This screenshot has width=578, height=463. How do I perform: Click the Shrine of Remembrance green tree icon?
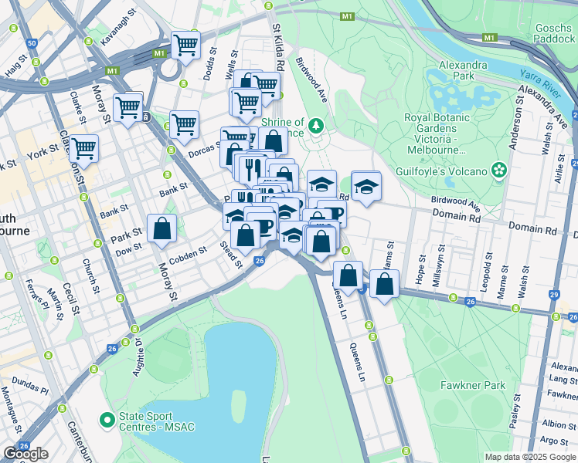point(314,125)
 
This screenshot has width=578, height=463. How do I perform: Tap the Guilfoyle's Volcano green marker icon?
point(500,169)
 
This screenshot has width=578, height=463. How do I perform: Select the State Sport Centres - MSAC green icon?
point(107,421)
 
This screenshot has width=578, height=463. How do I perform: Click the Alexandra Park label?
point(462,72)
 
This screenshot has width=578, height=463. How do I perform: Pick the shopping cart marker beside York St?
point(84,148)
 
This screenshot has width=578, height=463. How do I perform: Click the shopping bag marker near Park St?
point(161,228)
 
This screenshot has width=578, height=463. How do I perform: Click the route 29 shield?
point(554,295)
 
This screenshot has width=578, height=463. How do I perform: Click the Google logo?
point(25,454)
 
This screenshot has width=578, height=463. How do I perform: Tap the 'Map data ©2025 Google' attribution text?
point(529,457)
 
